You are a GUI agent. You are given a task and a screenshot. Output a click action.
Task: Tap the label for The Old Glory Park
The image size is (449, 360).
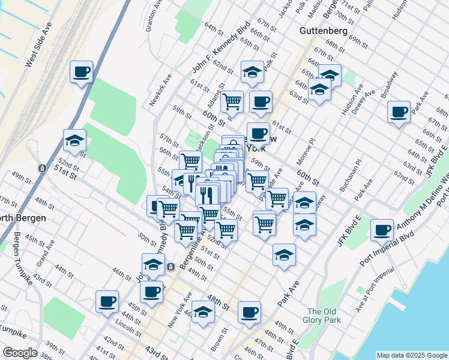[x=324, y=316]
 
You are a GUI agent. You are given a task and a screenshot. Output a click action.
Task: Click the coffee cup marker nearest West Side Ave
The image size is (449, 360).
[x=81, y=72]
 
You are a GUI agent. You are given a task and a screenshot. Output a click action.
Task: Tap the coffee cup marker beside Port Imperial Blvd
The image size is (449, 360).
[x=381, y=230]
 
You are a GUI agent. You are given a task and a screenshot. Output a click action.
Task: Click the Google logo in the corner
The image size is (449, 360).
[x=19, y=353]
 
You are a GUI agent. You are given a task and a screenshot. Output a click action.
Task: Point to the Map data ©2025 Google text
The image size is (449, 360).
[x=412, y=355]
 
